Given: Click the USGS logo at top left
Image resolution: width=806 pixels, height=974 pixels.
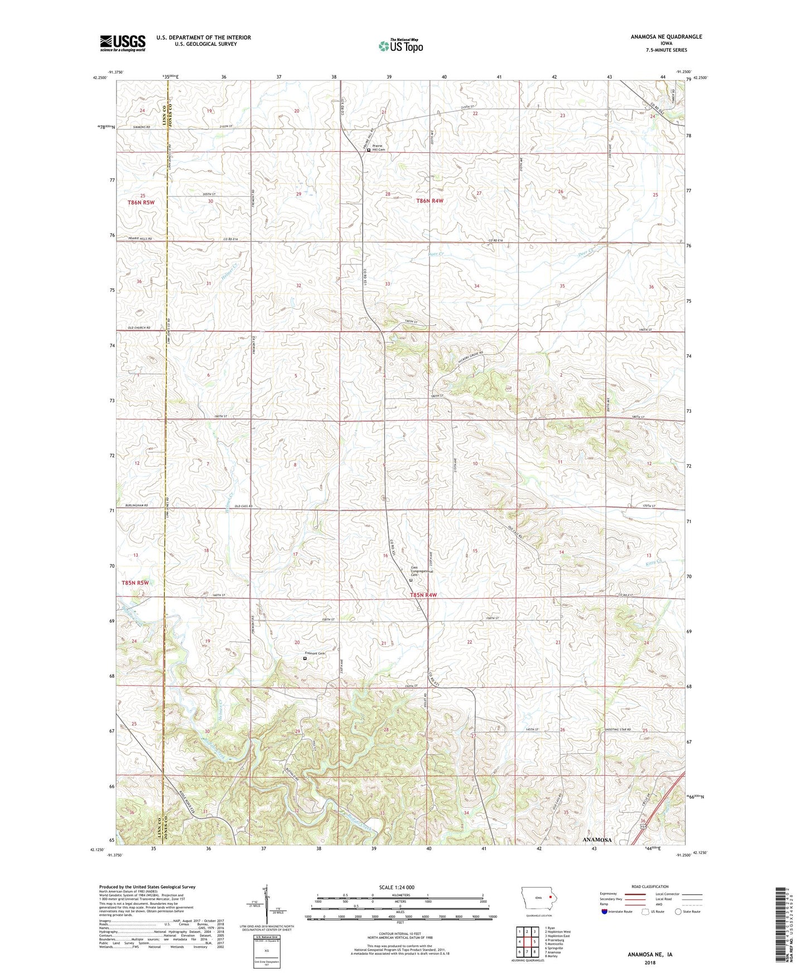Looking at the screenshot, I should pyautogui.click(x=123, y=43).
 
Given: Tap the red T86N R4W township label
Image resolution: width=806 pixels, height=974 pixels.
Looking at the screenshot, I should pyautogui.click(x=430, y=201).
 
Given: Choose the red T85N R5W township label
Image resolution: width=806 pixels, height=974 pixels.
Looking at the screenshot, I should pyautogui.click(x=135, y=583).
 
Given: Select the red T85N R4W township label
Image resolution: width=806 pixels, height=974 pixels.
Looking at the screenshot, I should pyautogui.click(x=423, y=595).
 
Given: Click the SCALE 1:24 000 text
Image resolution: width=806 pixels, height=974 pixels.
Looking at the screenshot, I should pyautogui.click(x=397, y=887).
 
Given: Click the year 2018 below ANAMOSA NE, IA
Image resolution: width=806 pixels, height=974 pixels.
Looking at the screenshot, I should pyautogui.click(x=650, y=962).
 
